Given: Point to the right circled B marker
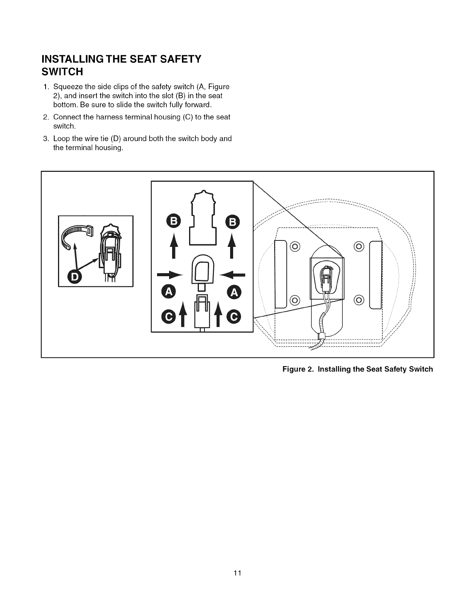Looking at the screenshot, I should (232, 222).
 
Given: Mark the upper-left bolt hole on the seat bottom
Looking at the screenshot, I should (295, 246).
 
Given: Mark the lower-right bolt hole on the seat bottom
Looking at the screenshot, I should (359, 300).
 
